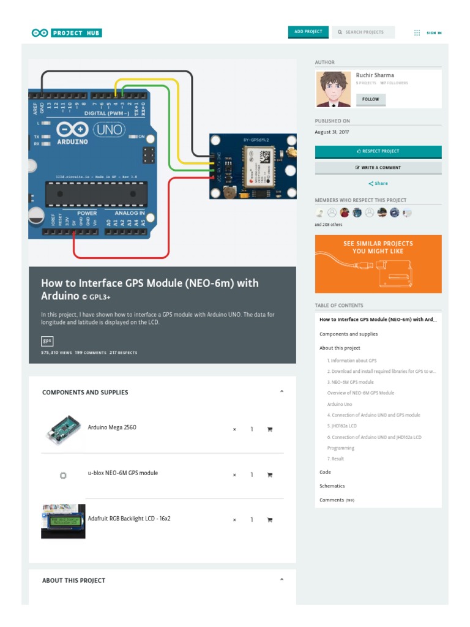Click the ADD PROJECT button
tap(308, 32)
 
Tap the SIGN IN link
tap(434, 33)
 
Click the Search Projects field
tap(364, 32)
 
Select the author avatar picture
tap(334, 89)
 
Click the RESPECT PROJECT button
tap(378, 151)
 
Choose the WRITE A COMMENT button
tap(378, 167)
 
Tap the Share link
tap(378, 184)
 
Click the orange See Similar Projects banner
tap(378, 264)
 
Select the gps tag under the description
tap(47, 341)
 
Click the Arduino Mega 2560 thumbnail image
tap(62, 429)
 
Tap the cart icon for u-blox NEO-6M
tap(269, 475)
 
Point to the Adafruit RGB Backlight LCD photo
tap(63, 520)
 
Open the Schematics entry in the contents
tap(332, 486)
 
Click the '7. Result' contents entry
tap(335, 459)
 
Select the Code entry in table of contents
tap(325, 473)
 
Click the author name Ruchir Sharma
tap(375, 75)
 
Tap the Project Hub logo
tap(67, 33)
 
